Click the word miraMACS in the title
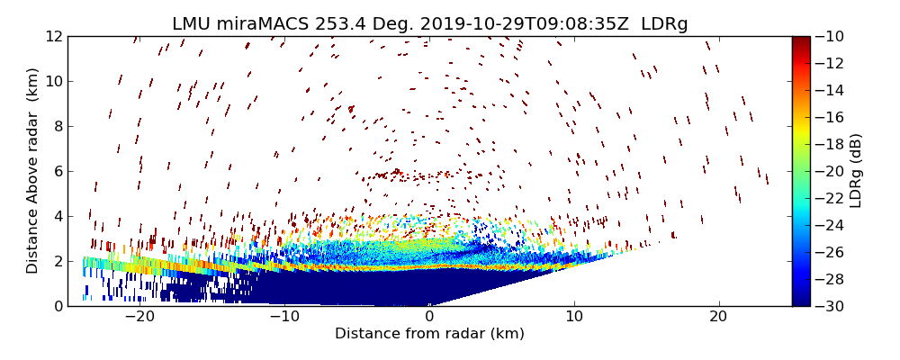(x=268, y=24)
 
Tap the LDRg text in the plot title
(x=664, y=24)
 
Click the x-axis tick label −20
(x=139, y=317)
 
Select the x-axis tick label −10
(x=284, y=317)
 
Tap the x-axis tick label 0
(x=429, y=317)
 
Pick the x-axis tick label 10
(x=574, y=317)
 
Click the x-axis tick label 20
(x=718, y=317)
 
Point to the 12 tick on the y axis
(x=52, y=36)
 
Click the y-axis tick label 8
(x=56, y=126)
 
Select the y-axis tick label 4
(x=56, y=216)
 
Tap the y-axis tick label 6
(x=56, y=171)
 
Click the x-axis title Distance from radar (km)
(x=429, y=334)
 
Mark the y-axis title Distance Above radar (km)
(x=33, y=170)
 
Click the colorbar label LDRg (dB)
(x=856, y=171)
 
